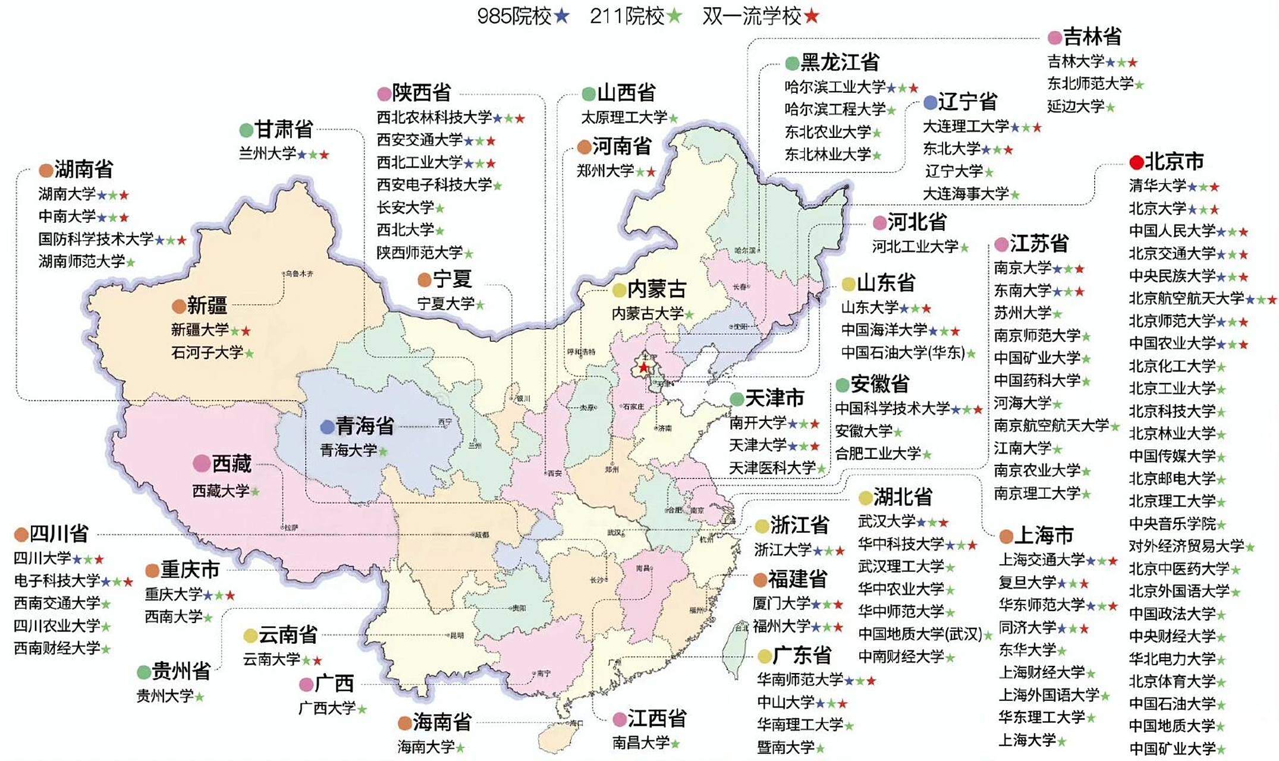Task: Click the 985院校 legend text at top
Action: coord(514,16)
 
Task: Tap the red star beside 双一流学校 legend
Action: coord(812,16)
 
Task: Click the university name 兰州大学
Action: coord(268,153)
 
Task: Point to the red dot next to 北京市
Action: coord(1136,162)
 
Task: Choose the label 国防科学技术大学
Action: coord(96,239)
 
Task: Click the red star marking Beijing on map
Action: coord(643,368)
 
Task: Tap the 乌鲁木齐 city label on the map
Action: coord(299,274)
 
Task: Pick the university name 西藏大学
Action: coord(221,491)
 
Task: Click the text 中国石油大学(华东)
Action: coord(903,353)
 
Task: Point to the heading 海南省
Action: coord(442,722)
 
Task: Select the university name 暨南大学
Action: coord(785,747)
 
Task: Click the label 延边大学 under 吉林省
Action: coord(1076,106)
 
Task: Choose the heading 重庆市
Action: coord(190,570)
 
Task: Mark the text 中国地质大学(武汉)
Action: coord(920,634)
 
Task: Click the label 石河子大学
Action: coord(207,353)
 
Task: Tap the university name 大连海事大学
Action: coord(966,194)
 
